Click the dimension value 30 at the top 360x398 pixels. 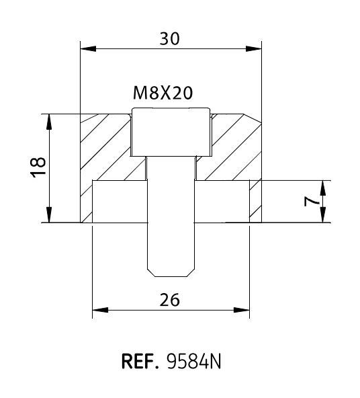[169, 39]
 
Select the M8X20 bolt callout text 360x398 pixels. [163, 93]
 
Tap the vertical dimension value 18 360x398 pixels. [38, 167]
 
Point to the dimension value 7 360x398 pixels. [312, 202]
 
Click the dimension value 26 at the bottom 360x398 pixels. [170, 300]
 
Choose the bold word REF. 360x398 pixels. [140, 361]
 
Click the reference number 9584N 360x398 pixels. [194, 361]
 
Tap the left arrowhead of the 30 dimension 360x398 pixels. [88, 48]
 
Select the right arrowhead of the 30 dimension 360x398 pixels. [253, 48]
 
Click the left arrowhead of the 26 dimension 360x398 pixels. [100, 310]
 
